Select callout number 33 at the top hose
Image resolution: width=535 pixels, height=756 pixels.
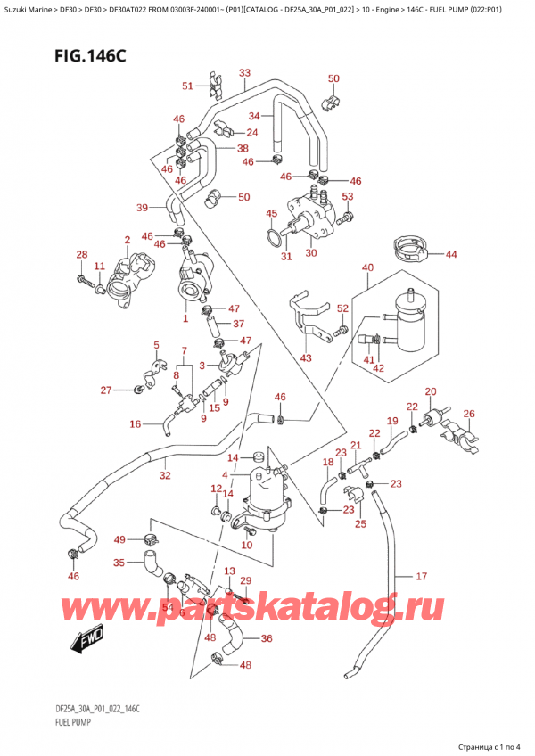pos(244,73)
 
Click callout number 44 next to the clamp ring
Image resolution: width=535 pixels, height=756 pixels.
pos(451,255)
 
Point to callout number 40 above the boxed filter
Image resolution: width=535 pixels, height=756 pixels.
pos(367,267)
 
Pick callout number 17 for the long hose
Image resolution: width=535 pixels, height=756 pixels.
pos(422,576)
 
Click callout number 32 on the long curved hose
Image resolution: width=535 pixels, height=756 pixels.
pos(165,476)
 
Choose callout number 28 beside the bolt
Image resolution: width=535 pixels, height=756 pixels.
pos(82,256)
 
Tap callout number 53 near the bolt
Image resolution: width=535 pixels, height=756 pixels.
pos(348,196)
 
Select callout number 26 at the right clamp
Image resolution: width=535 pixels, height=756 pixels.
pos(470,413)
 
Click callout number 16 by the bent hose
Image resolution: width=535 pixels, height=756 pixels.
pos(135,424)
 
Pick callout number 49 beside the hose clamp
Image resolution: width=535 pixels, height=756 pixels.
pos(119,539)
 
